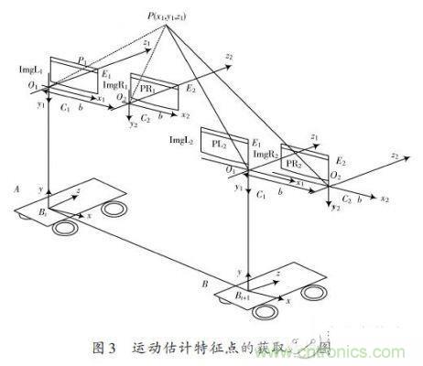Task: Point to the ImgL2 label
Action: coord(183,137)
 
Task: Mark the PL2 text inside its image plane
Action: coord(219,145)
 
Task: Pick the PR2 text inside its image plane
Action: coord(294,163)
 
